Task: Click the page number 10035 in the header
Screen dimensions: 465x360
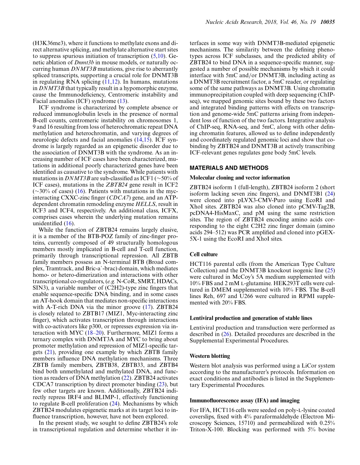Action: coord(327,22)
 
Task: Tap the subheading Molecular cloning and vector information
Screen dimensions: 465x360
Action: coord(240,178)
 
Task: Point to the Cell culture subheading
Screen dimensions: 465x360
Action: coord(203,254)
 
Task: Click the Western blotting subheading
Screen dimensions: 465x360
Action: coord(210,356)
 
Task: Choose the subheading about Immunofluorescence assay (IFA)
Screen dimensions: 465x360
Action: coord(244,401)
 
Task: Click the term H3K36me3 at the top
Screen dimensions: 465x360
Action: coord(46,43)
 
